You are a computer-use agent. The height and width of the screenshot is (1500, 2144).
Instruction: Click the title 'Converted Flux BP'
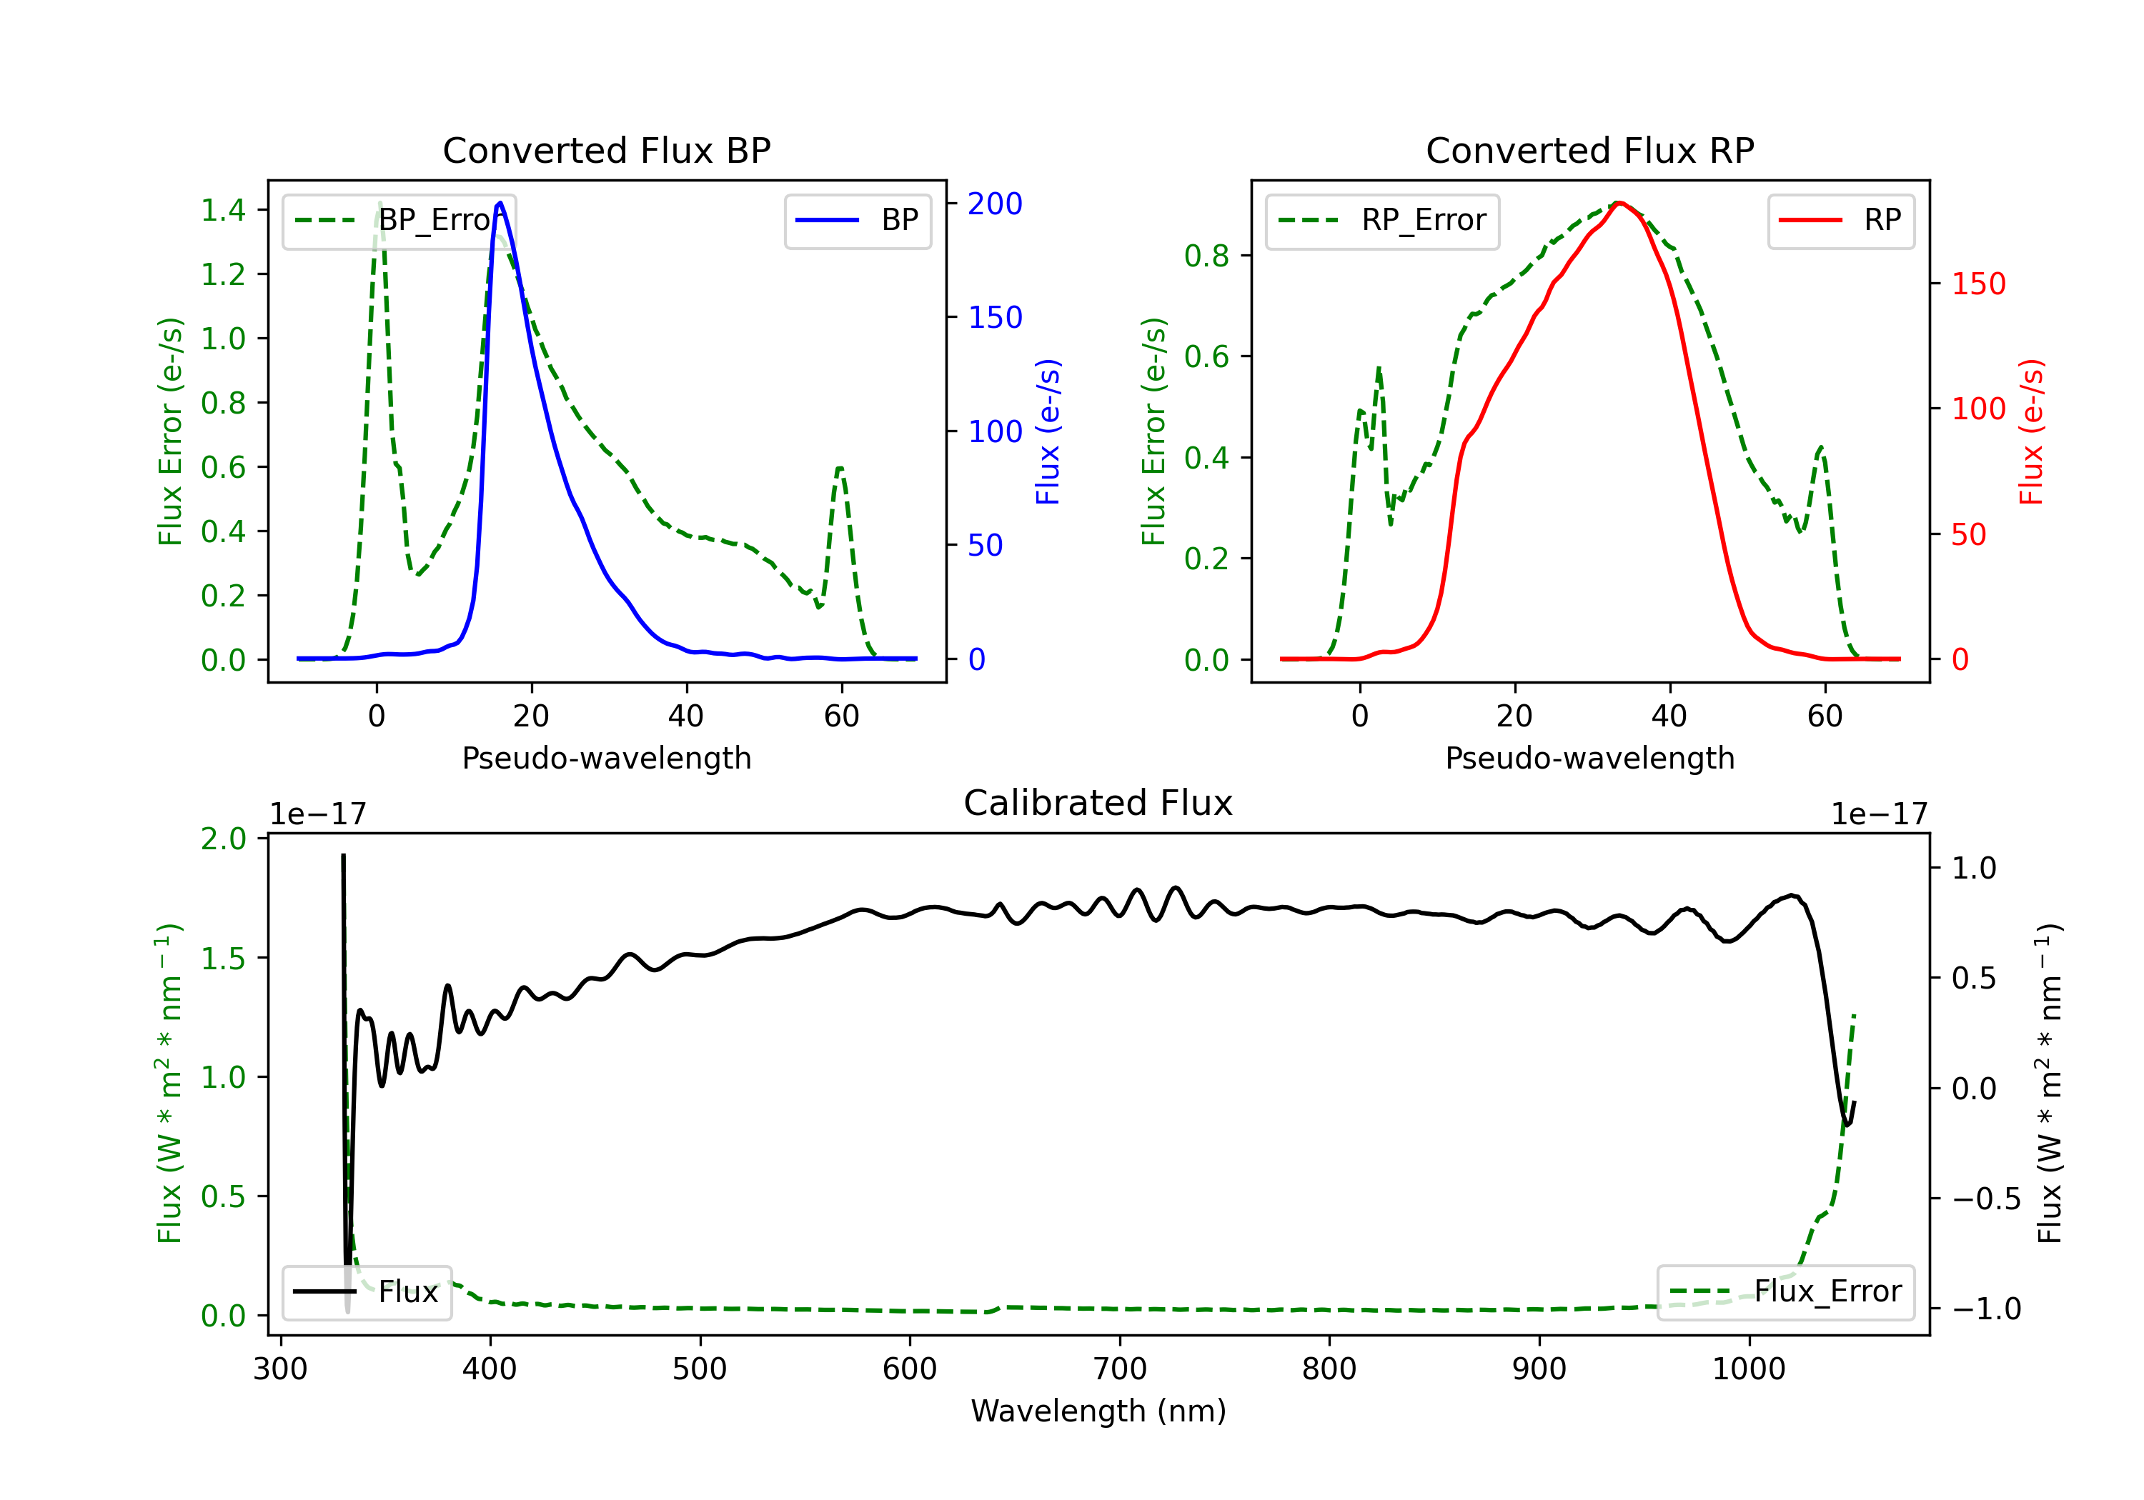click(606, 150)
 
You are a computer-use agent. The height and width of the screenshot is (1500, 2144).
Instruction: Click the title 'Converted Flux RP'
click(1589, 150)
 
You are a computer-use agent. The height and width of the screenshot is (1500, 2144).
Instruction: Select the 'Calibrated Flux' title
click(1098, 803)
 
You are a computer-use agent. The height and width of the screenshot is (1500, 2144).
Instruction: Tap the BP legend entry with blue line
click(857, 220)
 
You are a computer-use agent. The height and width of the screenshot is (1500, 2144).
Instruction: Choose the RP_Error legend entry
click(1382, 220)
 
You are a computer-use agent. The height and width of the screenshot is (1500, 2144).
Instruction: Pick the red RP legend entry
click(1840, 220)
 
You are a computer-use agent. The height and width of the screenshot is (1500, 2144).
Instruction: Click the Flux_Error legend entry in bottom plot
click(1785, 1292)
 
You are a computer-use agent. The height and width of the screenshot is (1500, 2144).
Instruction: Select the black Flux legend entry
click(366, 1292)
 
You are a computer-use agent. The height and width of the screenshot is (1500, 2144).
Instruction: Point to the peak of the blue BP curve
click(500, 203)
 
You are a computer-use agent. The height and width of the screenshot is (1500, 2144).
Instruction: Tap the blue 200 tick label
click(995, 204)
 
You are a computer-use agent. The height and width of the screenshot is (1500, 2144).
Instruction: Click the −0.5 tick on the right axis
click(1986, 1199)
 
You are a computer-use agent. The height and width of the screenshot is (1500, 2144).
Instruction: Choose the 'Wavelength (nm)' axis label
click(1098, 1411)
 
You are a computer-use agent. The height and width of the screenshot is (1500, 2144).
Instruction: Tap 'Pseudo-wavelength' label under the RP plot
click(1589, 758)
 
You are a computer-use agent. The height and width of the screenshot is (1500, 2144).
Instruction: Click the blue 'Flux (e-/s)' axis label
click(1048, 431)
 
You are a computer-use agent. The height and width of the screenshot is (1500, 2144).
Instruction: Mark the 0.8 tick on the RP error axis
click(1206, 255)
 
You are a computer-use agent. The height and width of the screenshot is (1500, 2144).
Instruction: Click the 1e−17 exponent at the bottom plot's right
click(1879, 814)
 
